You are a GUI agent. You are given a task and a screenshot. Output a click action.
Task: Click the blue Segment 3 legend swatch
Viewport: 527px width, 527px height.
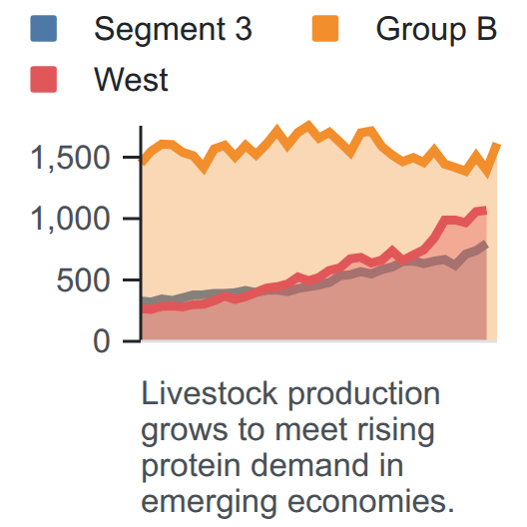[x=43, y=29]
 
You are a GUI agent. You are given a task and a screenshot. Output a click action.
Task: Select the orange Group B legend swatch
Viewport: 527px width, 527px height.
[x=325, y=29]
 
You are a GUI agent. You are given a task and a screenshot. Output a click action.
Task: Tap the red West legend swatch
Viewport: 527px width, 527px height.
[x=43, y=79]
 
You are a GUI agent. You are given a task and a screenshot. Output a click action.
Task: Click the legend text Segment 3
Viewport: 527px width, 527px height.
[x=173, y=30]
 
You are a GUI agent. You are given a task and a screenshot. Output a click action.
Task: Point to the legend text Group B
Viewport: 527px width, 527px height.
[x=436, y=30]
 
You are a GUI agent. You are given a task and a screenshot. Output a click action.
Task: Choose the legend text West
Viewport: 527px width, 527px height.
[x=131, y=80]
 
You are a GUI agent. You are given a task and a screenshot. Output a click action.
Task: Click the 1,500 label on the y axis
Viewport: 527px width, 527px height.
[x=70, y=158]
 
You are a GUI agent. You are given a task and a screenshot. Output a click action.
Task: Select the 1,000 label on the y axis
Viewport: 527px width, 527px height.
[x=70, y=220]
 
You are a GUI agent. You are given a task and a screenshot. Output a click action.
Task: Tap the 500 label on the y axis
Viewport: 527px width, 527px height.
[x=83, y=280]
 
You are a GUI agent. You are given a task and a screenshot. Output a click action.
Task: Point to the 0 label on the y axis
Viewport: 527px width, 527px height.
[x=102, y=341]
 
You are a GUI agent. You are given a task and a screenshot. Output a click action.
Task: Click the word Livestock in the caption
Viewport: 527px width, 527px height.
[x=210, y=393]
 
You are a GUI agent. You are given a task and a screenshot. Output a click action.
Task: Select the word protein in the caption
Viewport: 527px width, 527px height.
[x=193, y=467]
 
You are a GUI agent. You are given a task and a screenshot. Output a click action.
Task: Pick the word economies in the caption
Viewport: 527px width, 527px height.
[x=371, y=501]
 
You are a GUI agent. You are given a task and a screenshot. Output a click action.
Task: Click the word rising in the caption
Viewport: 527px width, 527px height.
[x=395, y=431]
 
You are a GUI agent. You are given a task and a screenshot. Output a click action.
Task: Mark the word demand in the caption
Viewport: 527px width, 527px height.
[x=309, y=465]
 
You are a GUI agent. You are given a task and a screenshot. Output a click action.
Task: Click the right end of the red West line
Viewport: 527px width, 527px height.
[x=485, y=211]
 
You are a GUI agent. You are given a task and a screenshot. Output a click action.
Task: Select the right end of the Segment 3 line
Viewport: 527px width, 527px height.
[x=485, y=245]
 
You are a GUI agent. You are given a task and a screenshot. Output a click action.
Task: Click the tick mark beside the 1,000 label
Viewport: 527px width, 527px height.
[x=132, y=219]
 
